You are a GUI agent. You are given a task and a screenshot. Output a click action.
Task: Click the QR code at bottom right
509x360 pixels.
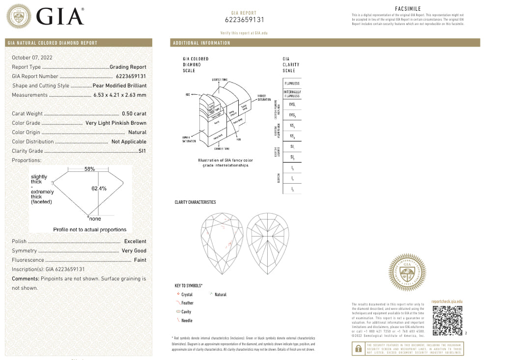point(447,321)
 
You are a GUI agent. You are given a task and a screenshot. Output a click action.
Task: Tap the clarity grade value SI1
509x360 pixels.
point(142,151)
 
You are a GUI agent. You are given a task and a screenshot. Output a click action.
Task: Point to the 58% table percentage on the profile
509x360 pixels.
point(89,169)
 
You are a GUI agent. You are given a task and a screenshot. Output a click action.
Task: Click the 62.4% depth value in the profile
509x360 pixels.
point(99,188)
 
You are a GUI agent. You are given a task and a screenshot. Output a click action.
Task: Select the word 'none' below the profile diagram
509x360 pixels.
point(95,219)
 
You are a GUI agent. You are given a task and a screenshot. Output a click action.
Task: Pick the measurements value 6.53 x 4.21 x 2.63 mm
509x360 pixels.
point(120,95)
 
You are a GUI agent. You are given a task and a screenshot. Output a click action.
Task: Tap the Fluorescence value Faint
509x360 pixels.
point(140,260)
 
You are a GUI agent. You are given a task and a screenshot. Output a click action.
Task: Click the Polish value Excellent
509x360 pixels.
point(135,241)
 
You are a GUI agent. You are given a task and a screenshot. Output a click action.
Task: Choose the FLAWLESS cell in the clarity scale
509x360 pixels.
point(292,83)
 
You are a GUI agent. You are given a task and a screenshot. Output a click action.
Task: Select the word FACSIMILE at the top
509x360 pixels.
point(408,9)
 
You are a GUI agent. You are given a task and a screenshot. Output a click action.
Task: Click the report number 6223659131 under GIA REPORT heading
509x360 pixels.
point(244,20)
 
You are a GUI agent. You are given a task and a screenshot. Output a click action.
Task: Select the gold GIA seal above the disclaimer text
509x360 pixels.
point(407,272)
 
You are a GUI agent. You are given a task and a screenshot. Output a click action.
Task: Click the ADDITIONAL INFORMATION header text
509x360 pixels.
point(201,43)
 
